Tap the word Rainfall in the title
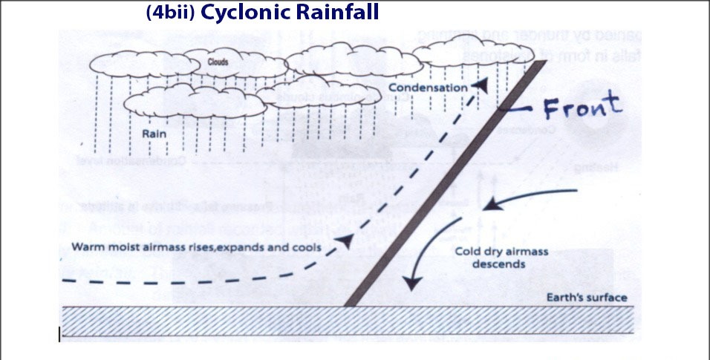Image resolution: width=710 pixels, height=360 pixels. [334, 13]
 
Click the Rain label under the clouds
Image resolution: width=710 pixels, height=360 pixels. [152, 134]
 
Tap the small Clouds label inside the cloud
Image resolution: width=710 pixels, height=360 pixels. [218, 62]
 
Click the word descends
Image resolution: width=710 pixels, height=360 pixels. [501, 263]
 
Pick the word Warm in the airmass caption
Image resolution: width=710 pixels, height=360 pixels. [88, 247]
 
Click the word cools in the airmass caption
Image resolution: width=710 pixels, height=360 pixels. [307, 247]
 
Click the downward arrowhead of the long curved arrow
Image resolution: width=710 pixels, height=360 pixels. [408, 284]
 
